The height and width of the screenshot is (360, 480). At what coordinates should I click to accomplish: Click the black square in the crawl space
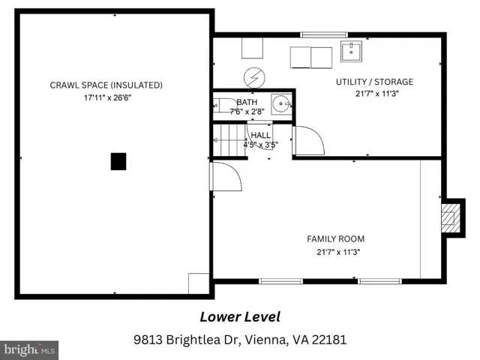click(x=118, y=161)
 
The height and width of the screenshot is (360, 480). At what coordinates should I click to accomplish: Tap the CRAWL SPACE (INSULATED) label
click(x=106, y=85)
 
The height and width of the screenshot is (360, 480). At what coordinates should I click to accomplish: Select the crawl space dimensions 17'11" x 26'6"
click(x=107, y=98)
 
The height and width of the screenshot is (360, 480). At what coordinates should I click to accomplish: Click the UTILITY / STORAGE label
click(x=374, y=82)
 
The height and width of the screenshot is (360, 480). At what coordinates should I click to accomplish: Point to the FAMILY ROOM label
click(x=335, y=238)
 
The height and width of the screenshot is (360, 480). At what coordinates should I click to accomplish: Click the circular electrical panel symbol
click(x=254, y=78)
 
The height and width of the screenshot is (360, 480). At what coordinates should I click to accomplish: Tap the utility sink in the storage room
click(x=351, y=52)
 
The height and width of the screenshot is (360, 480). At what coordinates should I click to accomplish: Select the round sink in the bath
click(x=280, y=103)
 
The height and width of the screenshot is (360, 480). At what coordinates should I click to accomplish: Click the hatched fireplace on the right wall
click(x=450, y=218)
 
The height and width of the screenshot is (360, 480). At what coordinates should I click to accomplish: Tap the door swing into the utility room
click(x=308, y=140)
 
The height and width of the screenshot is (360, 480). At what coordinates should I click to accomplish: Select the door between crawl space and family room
click(x=226, y=176)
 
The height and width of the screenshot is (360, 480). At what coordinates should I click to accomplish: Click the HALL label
click(x=260, y=135)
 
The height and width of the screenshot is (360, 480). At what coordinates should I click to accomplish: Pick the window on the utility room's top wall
click(x=324, y=34)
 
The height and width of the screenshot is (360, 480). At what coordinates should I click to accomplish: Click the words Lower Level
click(x=240, y=317)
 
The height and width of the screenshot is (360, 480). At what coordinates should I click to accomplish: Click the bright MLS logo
click(x=29, y=350)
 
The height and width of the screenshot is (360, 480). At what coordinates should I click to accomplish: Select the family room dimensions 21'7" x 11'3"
click(x=338, y=252)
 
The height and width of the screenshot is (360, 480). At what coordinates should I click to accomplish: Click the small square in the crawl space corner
click(x=199, y=283)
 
